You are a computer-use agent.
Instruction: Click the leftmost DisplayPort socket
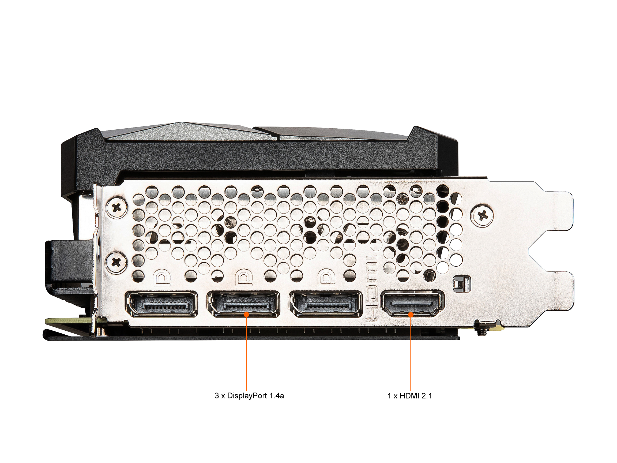(x=162, y=304)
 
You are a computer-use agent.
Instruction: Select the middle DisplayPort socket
(x=243, y=304)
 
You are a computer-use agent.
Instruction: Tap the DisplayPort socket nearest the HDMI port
(x=326, y=304)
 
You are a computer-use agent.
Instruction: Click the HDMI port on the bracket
(x=412, y=304)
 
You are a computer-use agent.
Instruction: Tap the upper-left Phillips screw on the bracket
(x=116, y=207)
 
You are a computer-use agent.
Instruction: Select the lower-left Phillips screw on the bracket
(x=116, y=262)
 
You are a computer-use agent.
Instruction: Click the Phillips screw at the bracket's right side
(x=482, y=215)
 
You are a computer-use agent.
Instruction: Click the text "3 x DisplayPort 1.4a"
(x=249, y=396)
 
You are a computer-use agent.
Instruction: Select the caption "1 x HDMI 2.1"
(x=409, y=396)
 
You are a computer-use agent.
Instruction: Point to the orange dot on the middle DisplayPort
(x=247, y=314)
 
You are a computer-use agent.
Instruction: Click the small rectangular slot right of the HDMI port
(x=462, y=284)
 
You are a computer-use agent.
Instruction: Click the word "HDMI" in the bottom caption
(x=409, y=396)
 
